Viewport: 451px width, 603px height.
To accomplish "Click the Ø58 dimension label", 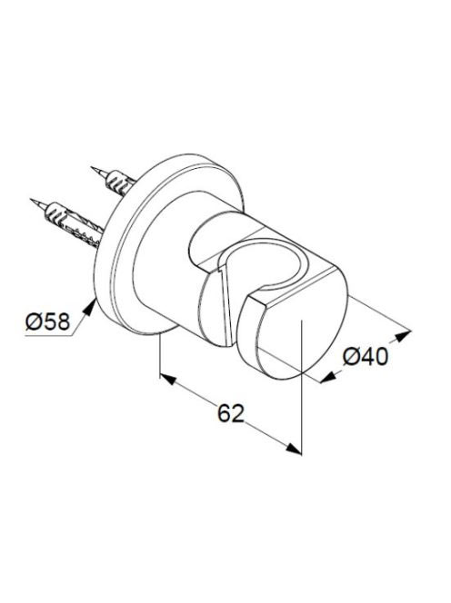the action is tap(48, 321).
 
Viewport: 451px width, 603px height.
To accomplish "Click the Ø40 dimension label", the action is tap(366, 356).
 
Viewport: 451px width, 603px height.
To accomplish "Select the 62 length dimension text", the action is tap(231, 413).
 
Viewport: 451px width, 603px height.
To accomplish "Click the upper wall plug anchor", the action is tap(120, 183).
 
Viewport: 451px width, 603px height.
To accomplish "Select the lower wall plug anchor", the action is tap(73, 225).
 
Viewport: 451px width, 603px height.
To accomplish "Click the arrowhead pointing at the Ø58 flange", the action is tap(90, 307).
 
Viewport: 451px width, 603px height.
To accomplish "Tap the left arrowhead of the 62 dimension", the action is tap(168, 379).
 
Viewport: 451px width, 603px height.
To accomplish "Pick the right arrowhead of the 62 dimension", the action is tap(294, 448).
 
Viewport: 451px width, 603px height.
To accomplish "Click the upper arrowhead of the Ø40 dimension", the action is tap(403, 336).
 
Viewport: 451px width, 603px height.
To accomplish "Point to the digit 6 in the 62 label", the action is tap(225, 413).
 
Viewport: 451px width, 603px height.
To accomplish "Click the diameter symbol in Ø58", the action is tap(34, 321).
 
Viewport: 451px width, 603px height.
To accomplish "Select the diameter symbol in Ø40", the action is tap(351, 357).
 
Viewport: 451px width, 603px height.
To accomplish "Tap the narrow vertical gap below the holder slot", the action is tap(226, 306).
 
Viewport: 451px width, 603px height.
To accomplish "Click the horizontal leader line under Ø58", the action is tap(48, 336).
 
